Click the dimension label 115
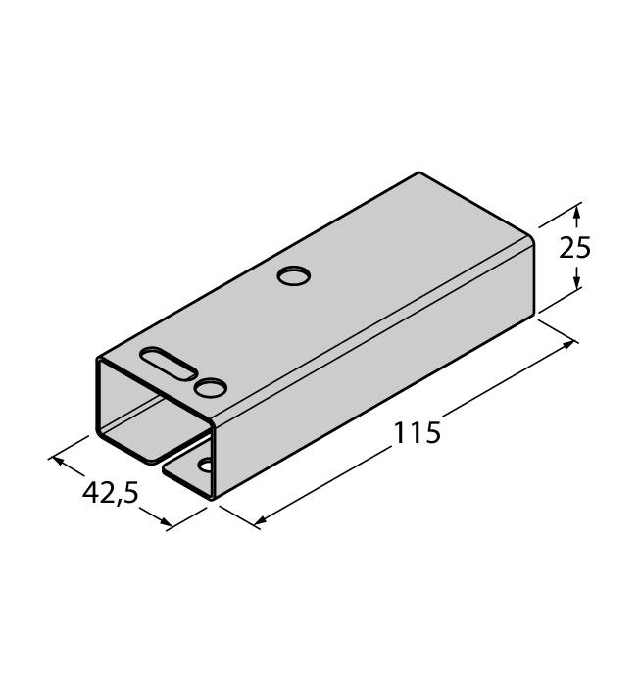(x=418, y=432)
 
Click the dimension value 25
(x=575, y=248)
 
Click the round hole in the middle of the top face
(x=292, y=277)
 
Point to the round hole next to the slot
(x=210, y=389)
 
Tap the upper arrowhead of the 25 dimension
(x=577, y=210)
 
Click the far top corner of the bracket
(x=419, y=173)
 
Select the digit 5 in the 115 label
(x=432, y=432)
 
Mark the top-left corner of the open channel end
(x=98, y=360)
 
